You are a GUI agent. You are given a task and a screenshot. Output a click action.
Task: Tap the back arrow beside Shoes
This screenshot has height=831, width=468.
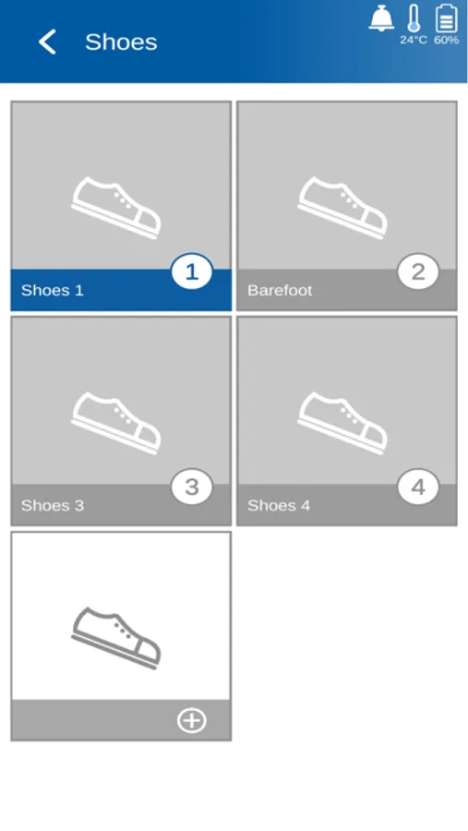[47, 42]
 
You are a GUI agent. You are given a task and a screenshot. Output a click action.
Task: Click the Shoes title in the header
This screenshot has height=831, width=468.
[121, 42]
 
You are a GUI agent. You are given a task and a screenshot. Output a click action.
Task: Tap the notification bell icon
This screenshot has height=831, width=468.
[381, 18]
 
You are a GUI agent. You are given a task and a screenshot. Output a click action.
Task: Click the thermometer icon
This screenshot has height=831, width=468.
[414, 18]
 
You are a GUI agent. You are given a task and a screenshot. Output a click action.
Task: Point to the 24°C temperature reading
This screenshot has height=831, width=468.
[414, 41]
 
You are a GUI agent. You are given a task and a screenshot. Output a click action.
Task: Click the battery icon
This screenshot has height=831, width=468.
[446, 18]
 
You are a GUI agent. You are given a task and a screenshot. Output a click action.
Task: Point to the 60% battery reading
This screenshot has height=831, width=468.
[446, 41]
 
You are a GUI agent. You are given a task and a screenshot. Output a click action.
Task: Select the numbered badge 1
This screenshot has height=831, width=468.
[191, 271]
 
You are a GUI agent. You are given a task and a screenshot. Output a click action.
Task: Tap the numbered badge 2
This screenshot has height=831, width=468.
[418, 271]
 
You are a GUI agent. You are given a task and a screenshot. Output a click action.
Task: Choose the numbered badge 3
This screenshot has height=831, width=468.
[191, 487]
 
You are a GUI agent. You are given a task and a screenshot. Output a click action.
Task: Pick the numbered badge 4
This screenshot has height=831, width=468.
[418, 487]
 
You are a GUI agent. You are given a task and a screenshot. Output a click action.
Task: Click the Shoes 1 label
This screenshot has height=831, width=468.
[53, 291]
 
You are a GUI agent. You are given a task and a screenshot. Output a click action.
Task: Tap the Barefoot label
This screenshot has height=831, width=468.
[280, 291]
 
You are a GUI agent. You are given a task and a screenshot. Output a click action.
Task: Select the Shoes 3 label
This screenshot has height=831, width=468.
[53, 506]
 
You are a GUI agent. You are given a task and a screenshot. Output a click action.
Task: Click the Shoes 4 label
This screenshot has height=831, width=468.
[279, 506]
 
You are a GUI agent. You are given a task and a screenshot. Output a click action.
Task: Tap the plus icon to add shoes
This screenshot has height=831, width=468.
[191, 721]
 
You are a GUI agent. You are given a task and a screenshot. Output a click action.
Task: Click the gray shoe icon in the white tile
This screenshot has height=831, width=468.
[116, 638]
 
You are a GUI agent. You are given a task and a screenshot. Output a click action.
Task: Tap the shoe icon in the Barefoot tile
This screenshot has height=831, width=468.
[342, 208]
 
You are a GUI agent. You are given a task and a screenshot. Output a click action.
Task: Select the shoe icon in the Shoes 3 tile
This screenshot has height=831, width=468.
[116, 423]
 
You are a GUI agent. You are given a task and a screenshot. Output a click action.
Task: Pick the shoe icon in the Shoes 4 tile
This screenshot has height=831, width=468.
[342, 423]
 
